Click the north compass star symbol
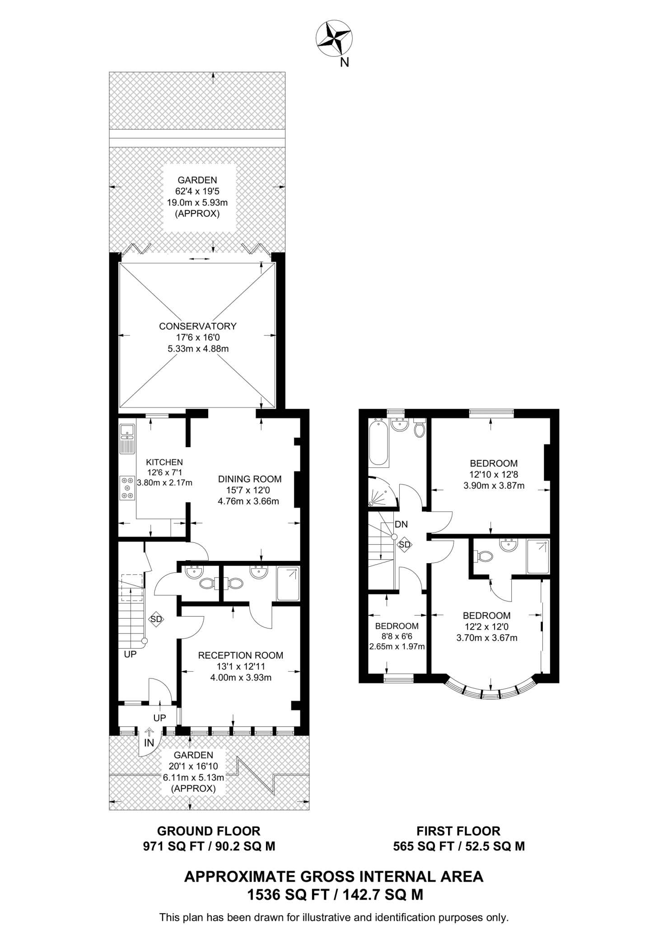coord(334,39)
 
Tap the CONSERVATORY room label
coord(198,326)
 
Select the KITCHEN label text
coord(164,462)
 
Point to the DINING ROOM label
coord(250,479)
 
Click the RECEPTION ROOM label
coord(241,655)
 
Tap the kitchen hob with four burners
coord(127,489)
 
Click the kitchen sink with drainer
coord(127,439)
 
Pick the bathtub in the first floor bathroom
coord(378,443)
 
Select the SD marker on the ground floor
coord(156,619)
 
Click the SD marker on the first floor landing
coord(405,545)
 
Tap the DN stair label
coord(401,524)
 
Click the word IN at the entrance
coord(149,743)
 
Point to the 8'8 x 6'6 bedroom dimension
coord(397,636)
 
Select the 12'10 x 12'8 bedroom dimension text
coord(494,475)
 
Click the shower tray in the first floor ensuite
coord(538,557)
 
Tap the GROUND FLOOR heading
coord(209,831)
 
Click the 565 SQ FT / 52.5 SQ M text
coord(459,846)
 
